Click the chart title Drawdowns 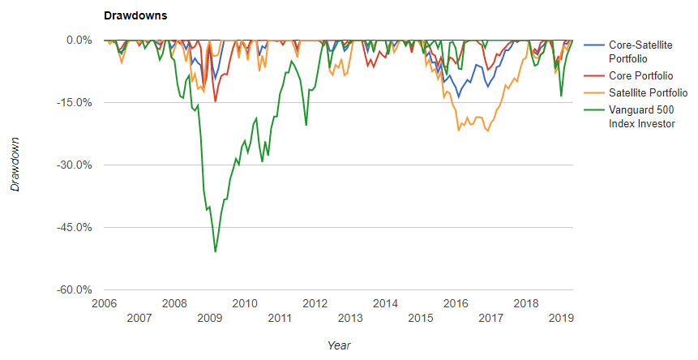135,15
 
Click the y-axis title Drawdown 15,165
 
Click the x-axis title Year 339,345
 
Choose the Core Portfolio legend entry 640,76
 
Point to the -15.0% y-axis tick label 75,103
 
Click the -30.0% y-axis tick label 75,165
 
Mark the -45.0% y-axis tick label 75,228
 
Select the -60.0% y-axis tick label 75,290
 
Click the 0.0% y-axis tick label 79,41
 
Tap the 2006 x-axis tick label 104,304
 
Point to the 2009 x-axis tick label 210,319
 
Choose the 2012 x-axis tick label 315,304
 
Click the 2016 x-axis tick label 456,304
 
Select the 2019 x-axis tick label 562,319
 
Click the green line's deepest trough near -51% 215,251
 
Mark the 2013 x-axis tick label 350,319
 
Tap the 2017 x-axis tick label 491,319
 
